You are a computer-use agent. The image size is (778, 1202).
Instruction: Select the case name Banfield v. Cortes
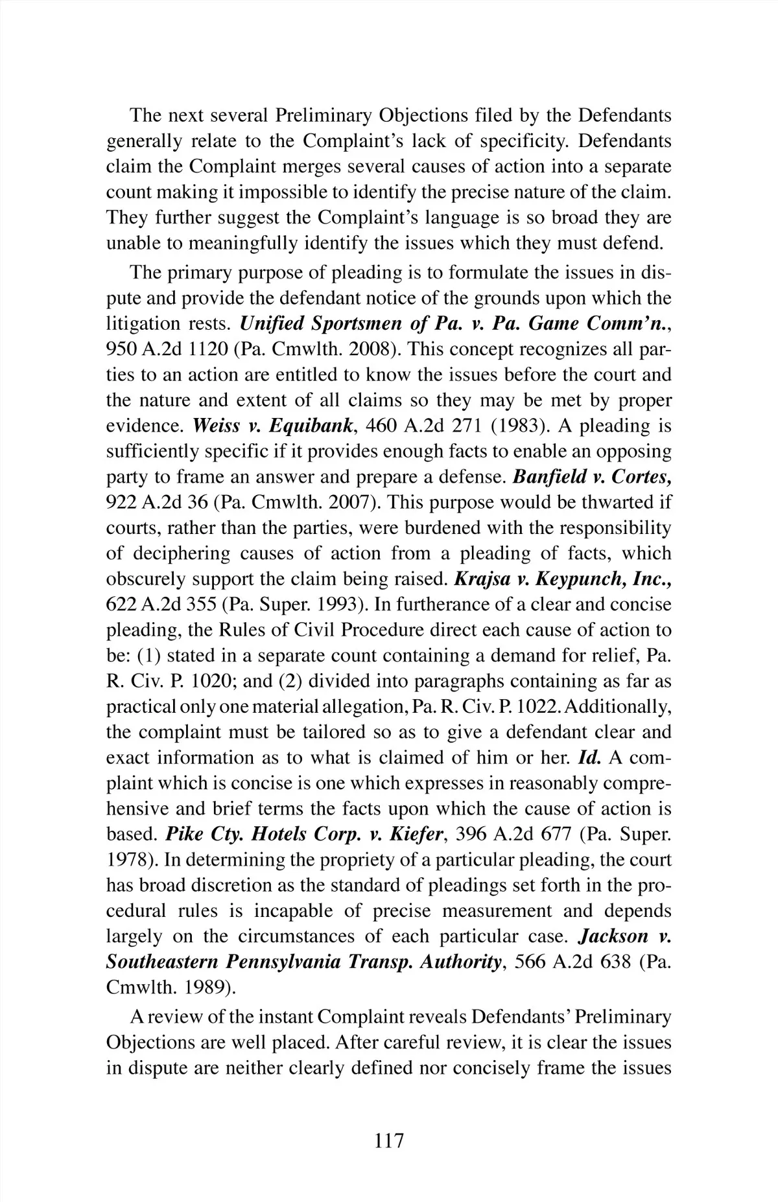pyautogui.click(x=591, y=477)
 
